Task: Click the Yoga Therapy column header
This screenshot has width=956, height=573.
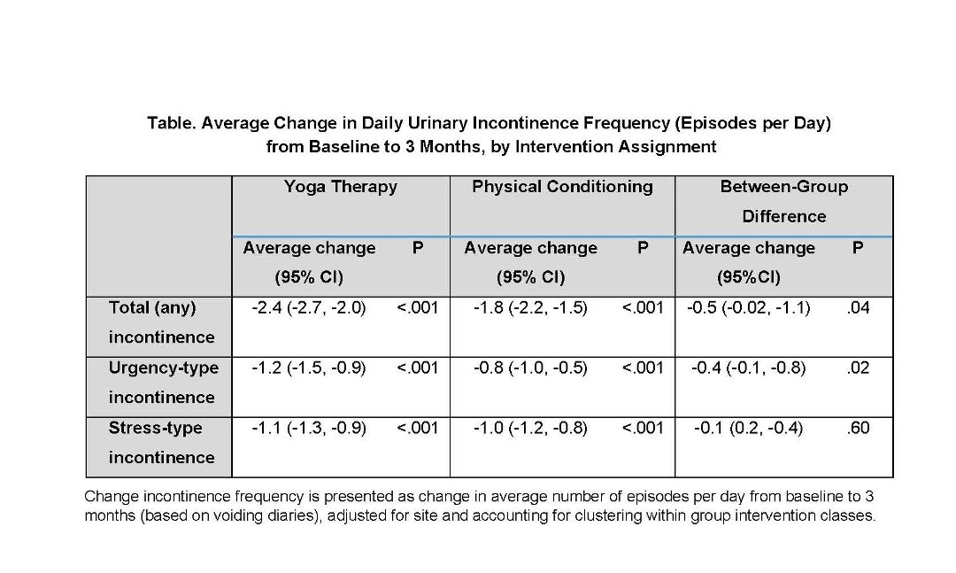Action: [x=340, y=187]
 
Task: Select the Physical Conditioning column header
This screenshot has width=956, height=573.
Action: [x=562, y=187]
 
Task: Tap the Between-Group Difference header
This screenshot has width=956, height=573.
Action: [x=784, y=201]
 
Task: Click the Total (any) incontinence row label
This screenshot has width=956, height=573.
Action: [x=162, y=322]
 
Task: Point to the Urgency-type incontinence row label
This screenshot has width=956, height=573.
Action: [x=164, y=383]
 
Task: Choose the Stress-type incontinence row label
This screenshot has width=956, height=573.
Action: [x=162, y=443]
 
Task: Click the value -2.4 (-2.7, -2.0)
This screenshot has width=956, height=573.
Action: [x=309, y=307]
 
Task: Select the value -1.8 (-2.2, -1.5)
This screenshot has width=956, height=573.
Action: [x=530, y=307]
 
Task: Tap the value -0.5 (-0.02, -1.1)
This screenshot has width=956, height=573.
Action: [x=749, y=307]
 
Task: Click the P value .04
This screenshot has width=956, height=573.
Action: [x=858, y=307]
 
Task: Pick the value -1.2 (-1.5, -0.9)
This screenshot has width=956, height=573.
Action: [x=309, y=368]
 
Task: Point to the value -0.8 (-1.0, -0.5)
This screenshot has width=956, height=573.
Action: [x=530, y=368]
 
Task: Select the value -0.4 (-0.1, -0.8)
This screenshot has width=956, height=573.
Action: [x=749, y=368]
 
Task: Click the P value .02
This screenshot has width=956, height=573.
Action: [x=858, y=368]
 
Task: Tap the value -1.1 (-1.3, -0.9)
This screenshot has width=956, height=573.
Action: [x=309, y=428]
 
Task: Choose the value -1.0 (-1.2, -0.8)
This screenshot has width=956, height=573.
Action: [x=530, y=428]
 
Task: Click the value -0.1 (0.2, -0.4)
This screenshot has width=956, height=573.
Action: [x=749, y=428]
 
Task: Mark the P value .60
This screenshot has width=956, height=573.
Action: [x=858, y=428]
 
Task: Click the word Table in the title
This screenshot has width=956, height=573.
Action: [x=172, y=123]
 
